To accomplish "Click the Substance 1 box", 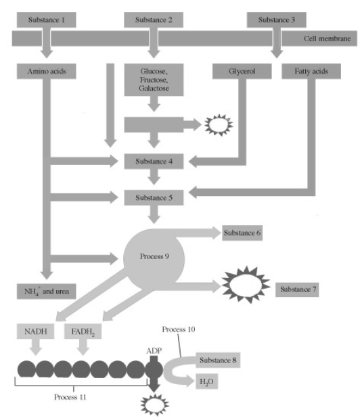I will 47,20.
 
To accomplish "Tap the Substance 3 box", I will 276,20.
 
